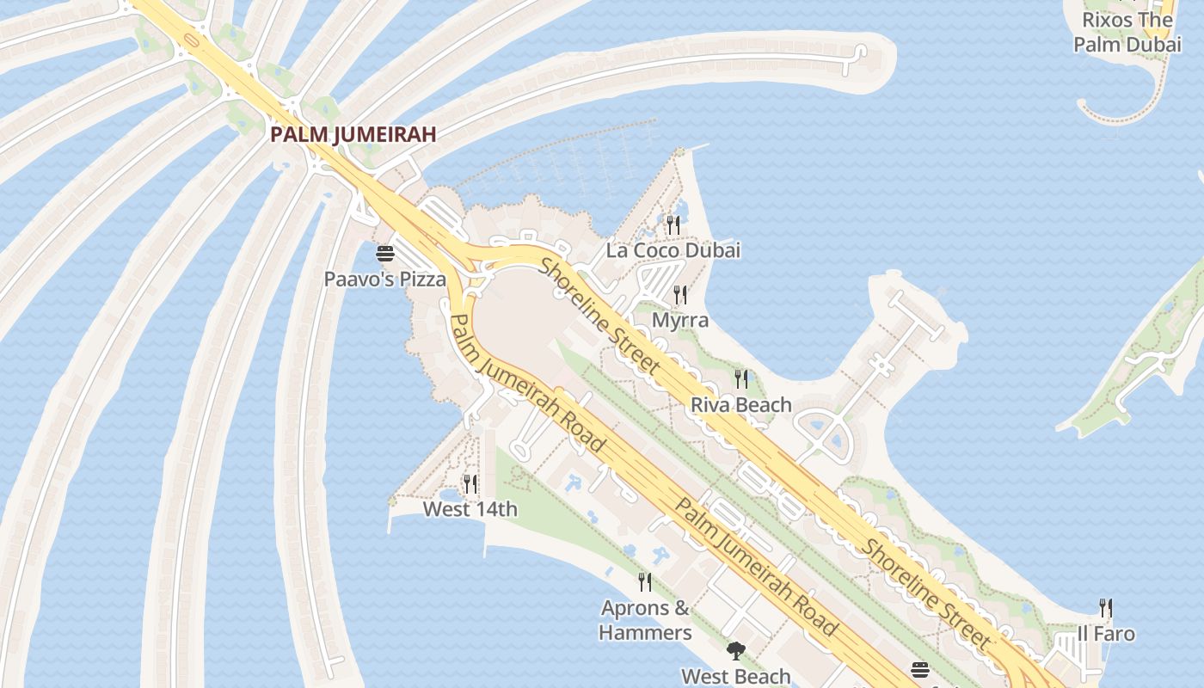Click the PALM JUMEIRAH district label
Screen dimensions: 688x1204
(353, 134)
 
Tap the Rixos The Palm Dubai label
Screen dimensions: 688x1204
(1127, 32)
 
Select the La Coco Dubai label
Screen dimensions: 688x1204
(673, 250)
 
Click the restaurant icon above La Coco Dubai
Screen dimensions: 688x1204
(673, 225)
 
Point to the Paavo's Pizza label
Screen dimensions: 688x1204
(384, 279)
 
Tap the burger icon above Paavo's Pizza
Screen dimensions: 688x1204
(384, 254)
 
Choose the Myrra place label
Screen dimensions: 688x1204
(680, 320)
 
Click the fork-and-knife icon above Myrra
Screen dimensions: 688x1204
(680, 295)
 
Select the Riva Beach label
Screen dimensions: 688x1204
(741, 404)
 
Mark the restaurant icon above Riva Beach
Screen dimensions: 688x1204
(741, 379)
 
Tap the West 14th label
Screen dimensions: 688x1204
(470, 509)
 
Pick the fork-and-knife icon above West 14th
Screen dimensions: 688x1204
(470, 484)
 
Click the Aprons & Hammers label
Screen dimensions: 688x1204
(645, 620)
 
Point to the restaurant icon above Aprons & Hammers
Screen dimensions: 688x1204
(645, 582)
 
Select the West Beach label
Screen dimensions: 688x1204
(735, 676)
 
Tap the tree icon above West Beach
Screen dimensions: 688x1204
(735, 651)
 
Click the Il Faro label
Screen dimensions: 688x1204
(1106, 634)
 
